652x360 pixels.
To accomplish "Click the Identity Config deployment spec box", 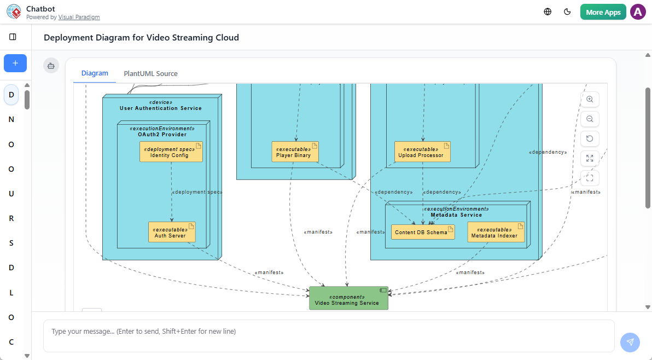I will point(171,152).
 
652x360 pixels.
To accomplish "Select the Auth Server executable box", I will point(172,233).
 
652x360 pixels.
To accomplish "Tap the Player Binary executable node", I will point(295,152).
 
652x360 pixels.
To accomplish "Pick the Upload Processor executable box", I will point(422,152).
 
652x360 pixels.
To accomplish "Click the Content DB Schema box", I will point(422,232).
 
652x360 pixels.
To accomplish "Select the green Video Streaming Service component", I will point(348,299).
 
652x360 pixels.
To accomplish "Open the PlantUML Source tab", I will point(150,73).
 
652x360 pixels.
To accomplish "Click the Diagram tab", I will point(95,73).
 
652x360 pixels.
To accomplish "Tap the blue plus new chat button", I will point(15,63).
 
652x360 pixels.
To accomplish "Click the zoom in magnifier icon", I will point(590,100).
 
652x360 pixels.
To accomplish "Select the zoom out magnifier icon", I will point(590,119).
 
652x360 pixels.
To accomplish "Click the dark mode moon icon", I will point(567,12).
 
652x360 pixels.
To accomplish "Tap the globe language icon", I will point(548,12).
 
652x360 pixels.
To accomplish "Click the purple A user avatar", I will point(638,12).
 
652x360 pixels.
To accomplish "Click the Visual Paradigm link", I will point(79,18).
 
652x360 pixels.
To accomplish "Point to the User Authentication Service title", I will point(161,108).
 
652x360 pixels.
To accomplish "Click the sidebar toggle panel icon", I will point(13,37).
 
